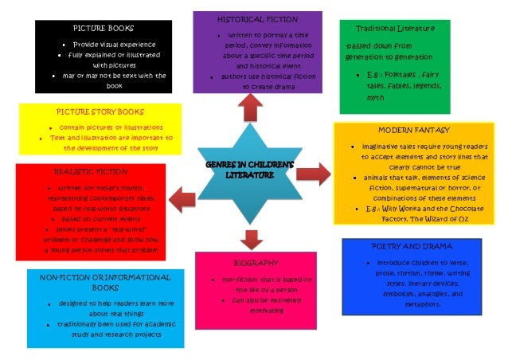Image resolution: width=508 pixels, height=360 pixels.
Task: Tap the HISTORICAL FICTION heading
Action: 257,18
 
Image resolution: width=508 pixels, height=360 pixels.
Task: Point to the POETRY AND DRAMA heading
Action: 423,246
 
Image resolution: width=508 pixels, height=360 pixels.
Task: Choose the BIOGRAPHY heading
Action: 255,262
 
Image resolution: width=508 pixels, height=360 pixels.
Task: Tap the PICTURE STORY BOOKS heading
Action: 100,112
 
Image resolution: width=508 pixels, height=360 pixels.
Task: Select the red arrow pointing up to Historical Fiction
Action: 252,106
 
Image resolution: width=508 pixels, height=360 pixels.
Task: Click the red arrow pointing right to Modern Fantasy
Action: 318,173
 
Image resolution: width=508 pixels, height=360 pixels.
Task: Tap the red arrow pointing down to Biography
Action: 252,237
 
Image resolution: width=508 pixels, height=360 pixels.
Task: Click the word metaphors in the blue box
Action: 422,304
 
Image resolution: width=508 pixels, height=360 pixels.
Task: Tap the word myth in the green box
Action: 374,97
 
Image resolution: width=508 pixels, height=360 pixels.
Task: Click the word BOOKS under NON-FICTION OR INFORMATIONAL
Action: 105,288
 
